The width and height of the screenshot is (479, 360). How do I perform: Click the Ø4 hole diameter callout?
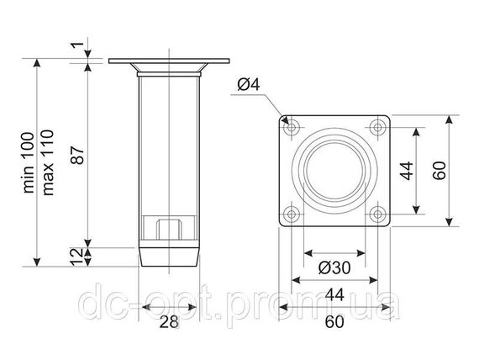tap(249, 84)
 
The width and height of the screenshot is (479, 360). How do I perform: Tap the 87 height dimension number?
tap(78, 156)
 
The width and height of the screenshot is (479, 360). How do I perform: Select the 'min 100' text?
tap(29, 162)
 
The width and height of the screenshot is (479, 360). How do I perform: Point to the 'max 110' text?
tap(48, 162)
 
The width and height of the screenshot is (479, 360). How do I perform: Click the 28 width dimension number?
tap(169, 322)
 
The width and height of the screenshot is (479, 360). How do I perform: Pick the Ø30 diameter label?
tap(334, 268)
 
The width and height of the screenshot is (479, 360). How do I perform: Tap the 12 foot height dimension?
tap(76, 257)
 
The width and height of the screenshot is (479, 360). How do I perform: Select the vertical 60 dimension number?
tap(440, 171)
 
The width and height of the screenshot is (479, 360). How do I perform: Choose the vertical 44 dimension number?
tap(408, 171)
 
